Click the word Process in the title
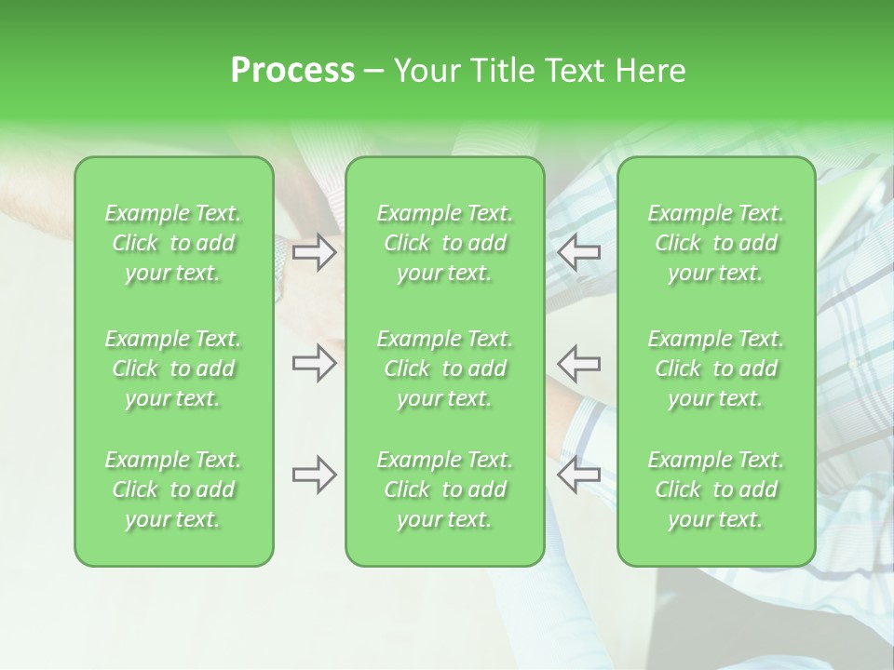tap(292, 71)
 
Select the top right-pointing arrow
tap(314, 252)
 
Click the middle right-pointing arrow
tap(314, 363)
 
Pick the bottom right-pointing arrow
tap(314, 475)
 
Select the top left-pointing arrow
tap(578, 252)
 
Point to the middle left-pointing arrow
tap(578, 363)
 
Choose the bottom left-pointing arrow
tap(578, 475)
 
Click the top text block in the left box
tap(173, 243)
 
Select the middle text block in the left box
tap(173, 368)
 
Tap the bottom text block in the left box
tap(173, 489)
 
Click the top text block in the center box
tap(445, 243)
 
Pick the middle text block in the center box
tap(445, 368)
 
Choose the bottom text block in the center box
tap(445, 489)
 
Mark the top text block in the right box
tap(716, 243)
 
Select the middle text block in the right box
tap(716, 368)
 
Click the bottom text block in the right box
tap(716, 489)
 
